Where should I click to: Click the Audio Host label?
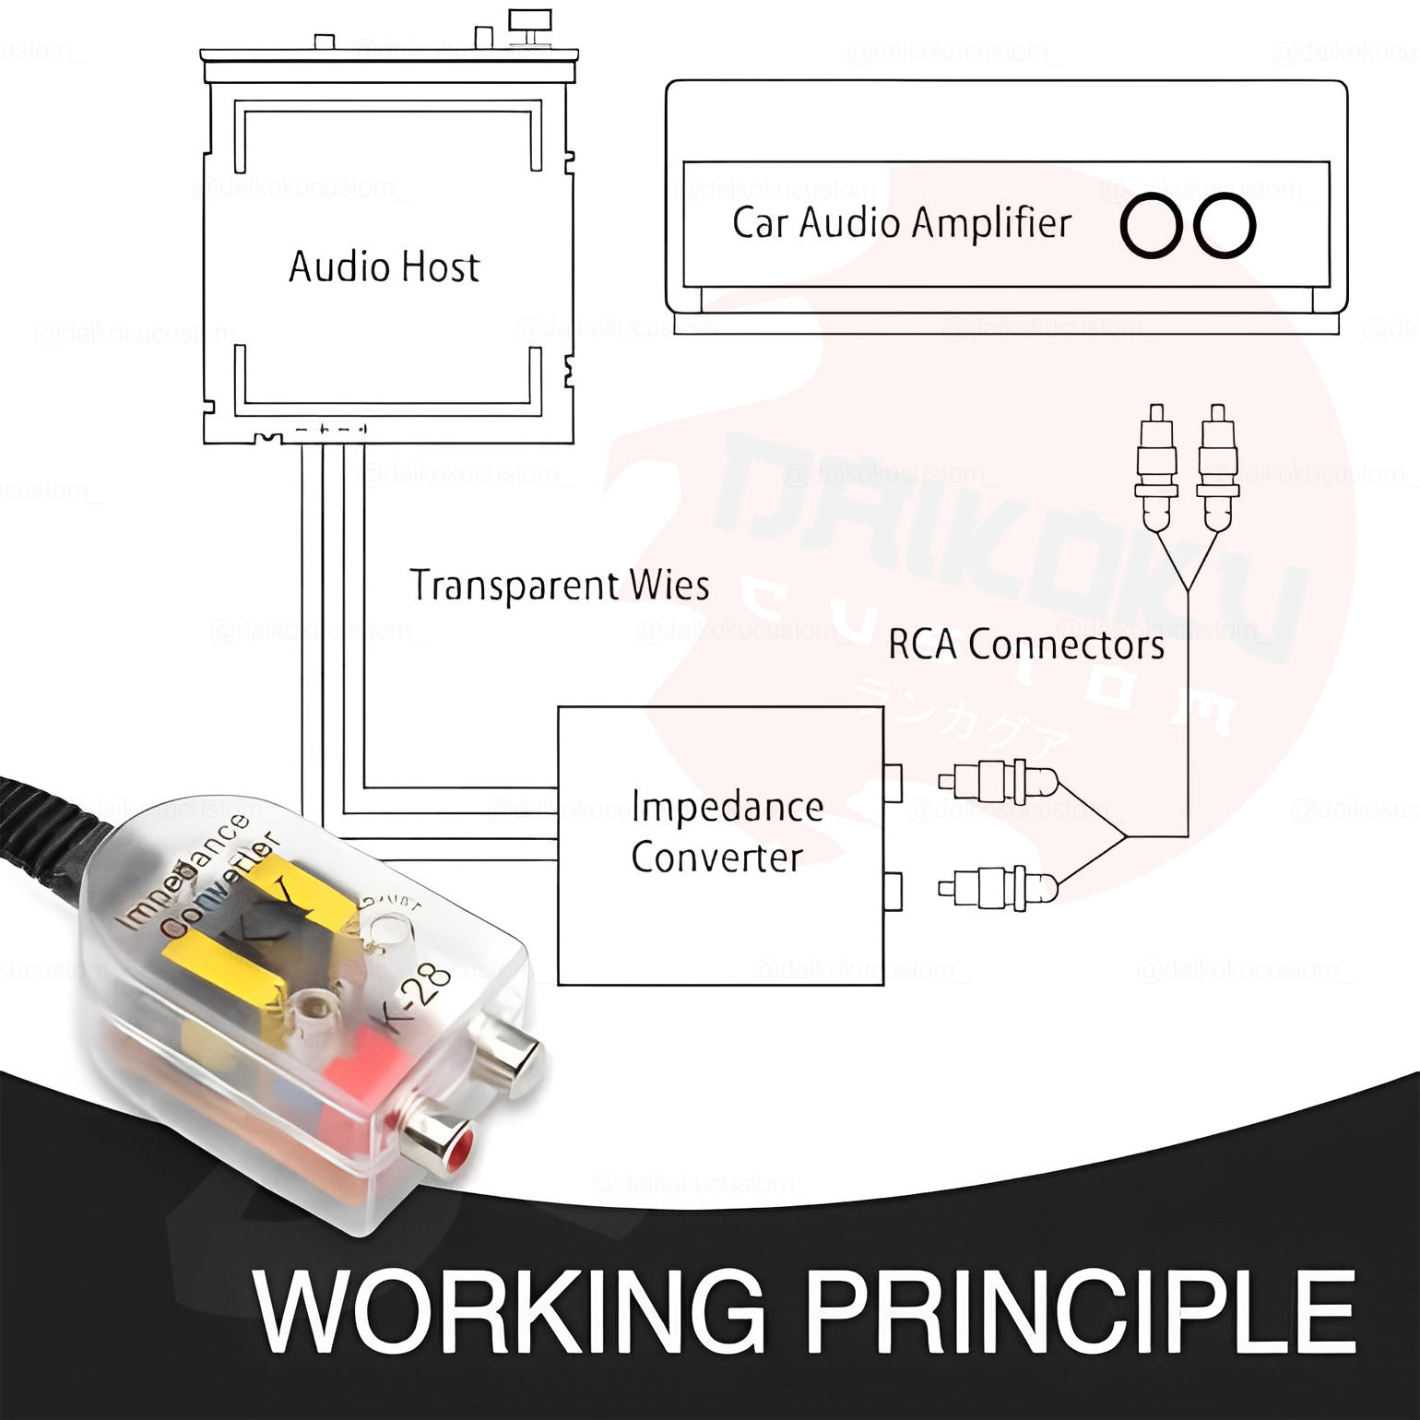[x=384, y=266]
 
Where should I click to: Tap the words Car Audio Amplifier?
[x=901, y=223]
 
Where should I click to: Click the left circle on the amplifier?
[x=1151, y=225]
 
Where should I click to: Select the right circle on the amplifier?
[x=1225, y=225]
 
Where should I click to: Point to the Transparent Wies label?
[x=559, y=586]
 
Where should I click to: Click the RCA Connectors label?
[x=1025, y=645]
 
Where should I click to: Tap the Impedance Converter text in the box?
[x=727, y=832]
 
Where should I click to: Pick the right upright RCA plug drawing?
[x=1217, y=466]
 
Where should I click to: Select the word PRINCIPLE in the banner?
[x=1081, y=1312]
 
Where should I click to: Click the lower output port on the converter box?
[x=893, y=892]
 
